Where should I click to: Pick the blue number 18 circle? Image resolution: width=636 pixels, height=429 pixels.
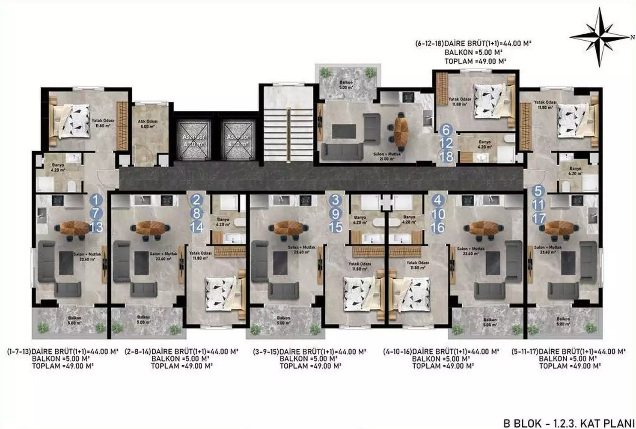pos(446,156)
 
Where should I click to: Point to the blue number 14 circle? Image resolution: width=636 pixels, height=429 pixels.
pos(196,226)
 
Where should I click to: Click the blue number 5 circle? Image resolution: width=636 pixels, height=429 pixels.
pos(538,191)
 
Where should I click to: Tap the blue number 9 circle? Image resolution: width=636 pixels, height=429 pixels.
pos(336,214)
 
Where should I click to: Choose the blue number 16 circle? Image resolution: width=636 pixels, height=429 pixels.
pos(437,227)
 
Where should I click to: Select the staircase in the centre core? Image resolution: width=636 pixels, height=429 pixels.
pos(289,124)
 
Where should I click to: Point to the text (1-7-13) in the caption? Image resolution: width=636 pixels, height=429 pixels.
pos(19,352)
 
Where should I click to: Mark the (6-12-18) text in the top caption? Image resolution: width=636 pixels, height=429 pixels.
pos(429,43)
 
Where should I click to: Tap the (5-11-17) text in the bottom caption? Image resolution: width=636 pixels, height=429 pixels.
pos(525,352)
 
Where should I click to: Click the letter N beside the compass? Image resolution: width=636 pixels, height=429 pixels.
pos(632,37)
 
